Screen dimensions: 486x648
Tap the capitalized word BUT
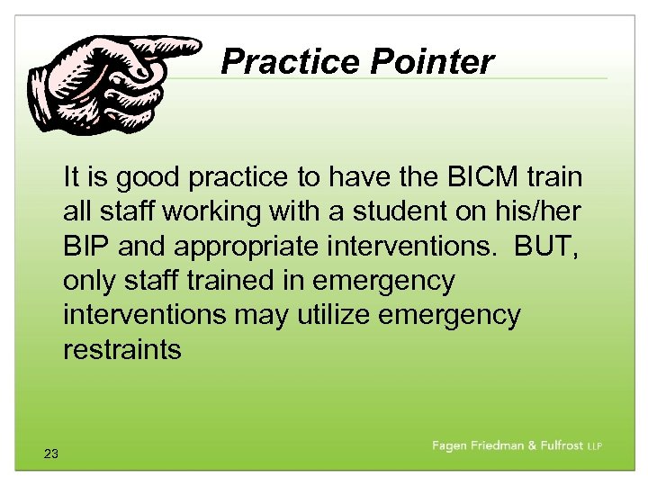pyautogui.click(x=548, y=247)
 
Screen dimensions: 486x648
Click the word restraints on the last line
pyautogui.click(x=121, y=349)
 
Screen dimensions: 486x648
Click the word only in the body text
pyautogui.click(x=89, y=281)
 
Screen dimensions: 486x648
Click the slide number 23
pyautogui.click(x=50, y=454)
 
